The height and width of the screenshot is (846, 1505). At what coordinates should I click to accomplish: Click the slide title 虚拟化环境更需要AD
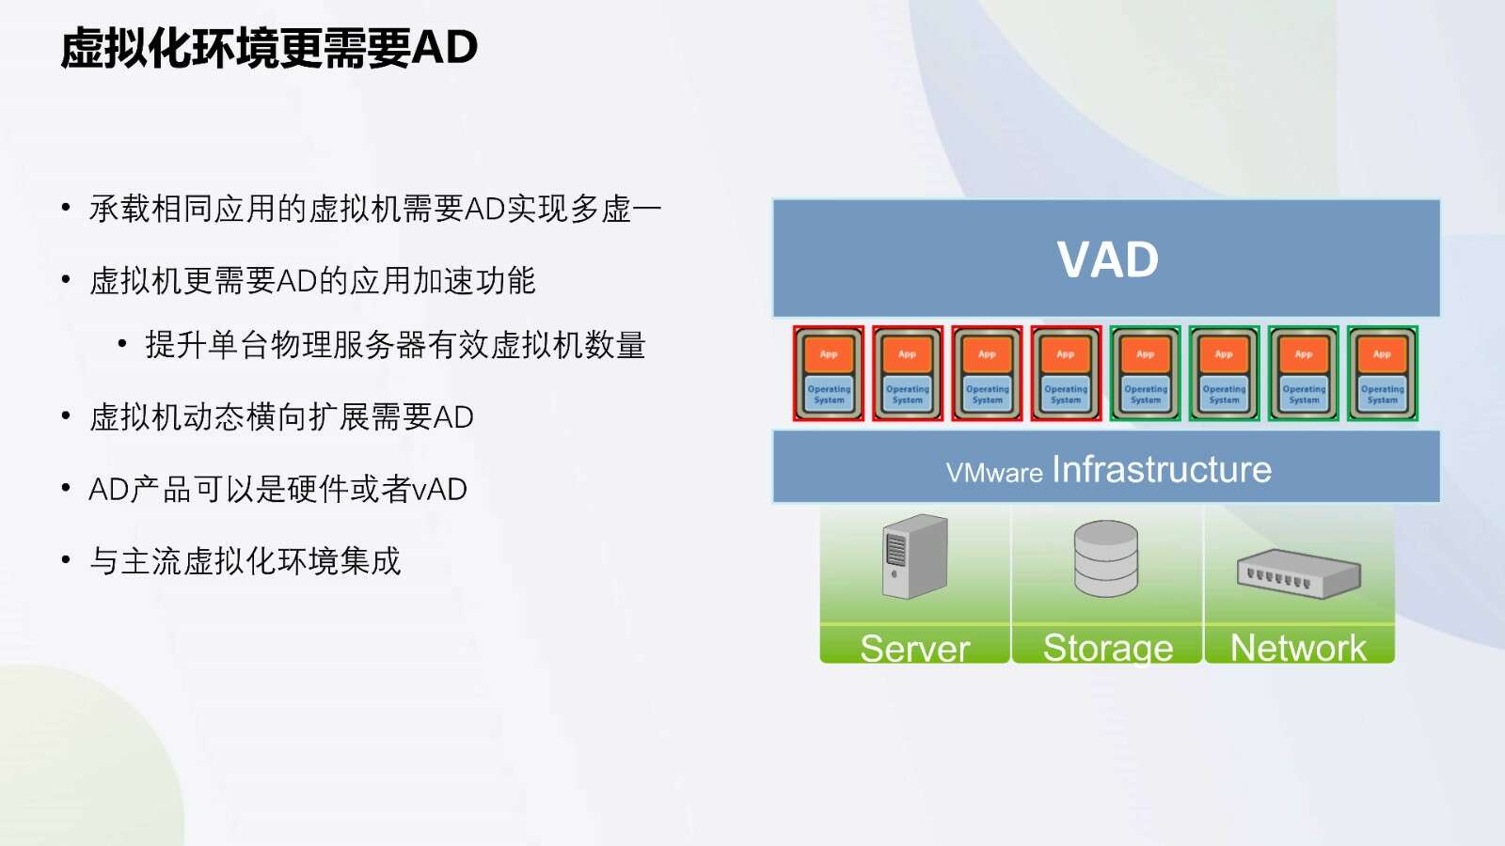pyautogui.click(x=269, y=48)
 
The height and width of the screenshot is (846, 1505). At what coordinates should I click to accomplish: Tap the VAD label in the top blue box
pyautogui.click(x=1107, y=259)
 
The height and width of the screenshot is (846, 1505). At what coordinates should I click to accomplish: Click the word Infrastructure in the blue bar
pyautogui.click(x=1162, y=469)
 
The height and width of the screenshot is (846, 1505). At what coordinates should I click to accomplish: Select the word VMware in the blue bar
pyautogui.click(x=994, y=473)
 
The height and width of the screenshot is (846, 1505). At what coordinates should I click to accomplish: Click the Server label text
pyautogui.click(x=914, y=648)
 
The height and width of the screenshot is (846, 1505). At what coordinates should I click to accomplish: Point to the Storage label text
pyautogui.click(x=1108, y=648)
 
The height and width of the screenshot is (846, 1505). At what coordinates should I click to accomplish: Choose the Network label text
pyautogui.click(x=1298, y=648)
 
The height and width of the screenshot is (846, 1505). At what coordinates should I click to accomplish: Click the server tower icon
pyautogui.click(x=915, y=556)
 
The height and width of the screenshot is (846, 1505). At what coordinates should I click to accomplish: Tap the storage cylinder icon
pyautogui.click(x=1106, y=558)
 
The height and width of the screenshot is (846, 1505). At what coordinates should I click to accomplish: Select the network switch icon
pyautogui.click(x=1299, y=573)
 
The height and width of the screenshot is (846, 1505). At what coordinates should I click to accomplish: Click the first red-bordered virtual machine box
pyautogui.click(x=829, y=373)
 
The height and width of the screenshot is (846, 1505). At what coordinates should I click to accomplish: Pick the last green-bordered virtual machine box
pyautogui.click(x=1383, y=373)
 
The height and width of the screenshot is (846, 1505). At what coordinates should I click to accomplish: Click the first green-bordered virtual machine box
pyautogui.click(x=1145, y=373)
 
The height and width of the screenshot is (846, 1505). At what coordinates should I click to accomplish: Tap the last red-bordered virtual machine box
pyautogui.click(x=1067, y=373)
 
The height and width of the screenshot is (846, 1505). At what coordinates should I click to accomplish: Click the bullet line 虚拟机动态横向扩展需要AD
pyautogui.click(x=281, y=417)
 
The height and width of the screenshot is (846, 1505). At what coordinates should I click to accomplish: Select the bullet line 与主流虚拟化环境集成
pyautogui.click(x=246, y=560)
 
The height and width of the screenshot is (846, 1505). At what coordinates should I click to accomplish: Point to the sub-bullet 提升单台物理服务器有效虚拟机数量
pyautogui.click(x=396, y=345)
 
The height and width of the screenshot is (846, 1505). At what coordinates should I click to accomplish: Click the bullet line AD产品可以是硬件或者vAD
pyautogui.click(x=278, y=489)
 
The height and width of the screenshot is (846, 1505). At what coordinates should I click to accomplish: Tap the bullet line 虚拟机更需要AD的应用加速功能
pyautogui.click(x=312, y=281)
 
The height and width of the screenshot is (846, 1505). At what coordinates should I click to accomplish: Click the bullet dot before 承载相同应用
pyautogui.click(x=66, y=207)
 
